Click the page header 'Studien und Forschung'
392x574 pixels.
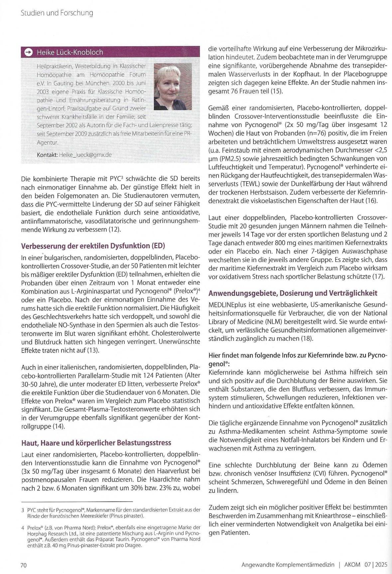(x=57, y=13)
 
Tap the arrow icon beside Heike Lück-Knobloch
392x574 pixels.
(x=29, y=52)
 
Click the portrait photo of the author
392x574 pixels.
(x=173, y=86)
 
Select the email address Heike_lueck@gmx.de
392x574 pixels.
(x=85, y=155)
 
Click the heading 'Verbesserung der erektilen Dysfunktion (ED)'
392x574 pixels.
(x=93, y=246)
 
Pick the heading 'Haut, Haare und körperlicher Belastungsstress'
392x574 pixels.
(x=96, y=443)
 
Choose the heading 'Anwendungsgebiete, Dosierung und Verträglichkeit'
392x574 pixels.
(x=293, y=293)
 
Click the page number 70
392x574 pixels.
(x=24, y=565)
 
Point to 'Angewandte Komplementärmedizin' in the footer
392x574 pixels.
(x=288, y=565)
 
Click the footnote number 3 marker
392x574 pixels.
(x=23, y=509)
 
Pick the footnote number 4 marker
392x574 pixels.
(x=23, y=527)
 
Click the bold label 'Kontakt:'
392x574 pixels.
(x=47, y=155)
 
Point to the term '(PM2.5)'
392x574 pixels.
(x=227, y=158)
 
